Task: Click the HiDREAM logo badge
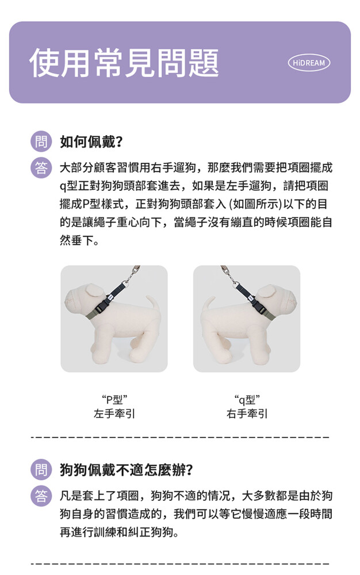[309, 63]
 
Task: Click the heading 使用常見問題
[124, 63]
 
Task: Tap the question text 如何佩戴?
[91, 141]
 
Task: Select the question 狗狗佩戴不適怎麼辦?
[126, 470]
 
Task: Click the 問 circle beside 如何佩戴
[41, 141]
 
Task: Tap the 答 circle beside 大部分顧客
[41, 168]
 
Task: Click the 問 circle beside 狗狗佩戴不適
[41, 470]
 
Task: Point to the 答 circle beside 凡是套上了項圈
[41, 496]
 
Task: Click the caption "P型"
[114, 399]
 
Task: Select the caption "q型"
[247, 399]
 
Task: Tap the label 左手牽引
[114, 413]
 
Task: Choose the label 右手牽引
[247, 413]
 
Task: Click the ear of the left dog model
[94, 290]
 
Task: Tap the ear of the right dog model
[266, 291]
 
